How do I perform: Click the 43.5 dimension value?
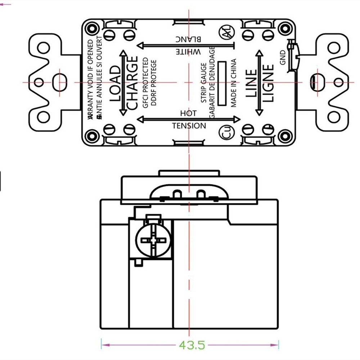[x=191, y=345]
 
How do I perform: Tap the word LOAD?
[x=115, y=83]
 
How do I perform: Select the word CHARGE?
[x=132, y=83]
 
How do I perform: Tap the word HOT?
[x=188, y=113]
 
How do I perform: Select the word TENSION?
[x=189, y=126]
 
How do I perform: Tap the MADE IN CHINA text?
[x=234, y=83]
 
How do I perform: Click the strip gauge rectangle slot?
[x=222, y=83]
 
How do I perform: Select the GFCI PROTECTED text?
[x=145, y=83]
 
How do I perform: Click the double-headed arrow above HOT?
[x=189, y=119]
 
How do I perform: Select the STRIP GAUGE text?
[x=204, y=83]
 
